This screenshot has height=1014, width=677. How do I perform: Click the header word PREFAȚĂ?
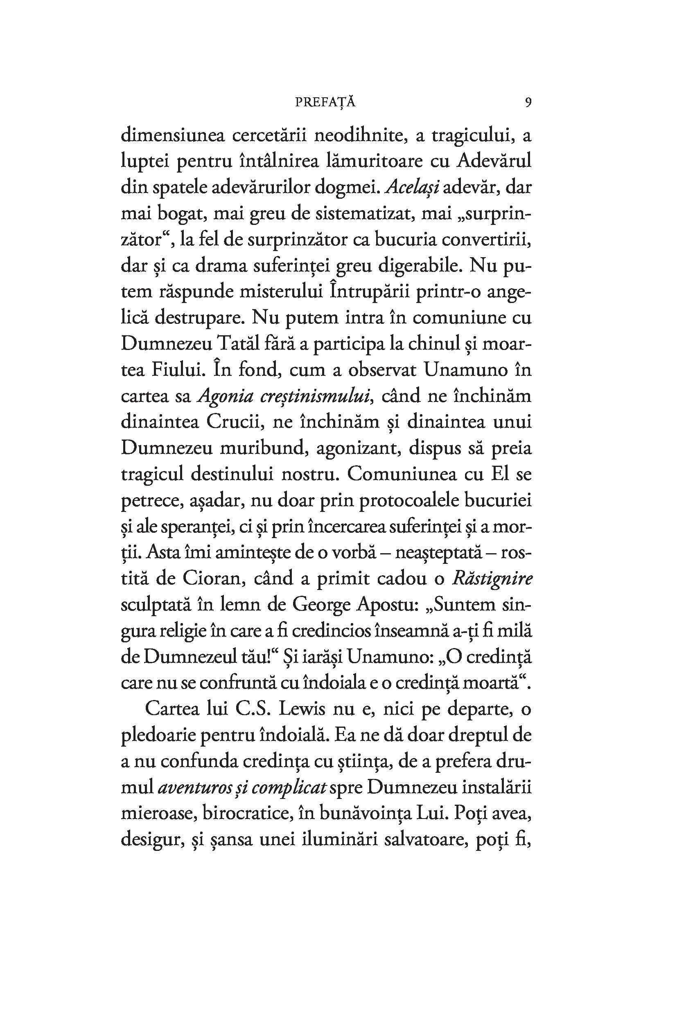tap(325, 102)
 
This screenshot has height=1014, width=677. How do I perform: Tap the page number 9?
tap(528, 102)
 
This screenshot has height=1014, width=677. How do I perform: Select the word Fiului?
tap(176, 370)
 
